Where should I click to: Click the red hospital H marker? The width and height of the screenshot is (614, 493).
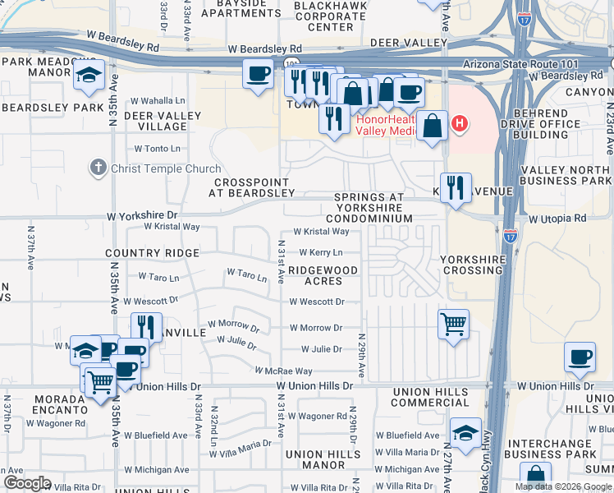[x=460, y=124]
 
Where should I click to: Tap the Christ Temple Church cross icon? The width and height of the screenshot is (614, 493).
[x=98, y=168]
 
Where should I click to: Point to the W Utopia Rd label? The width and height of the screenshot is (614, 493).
[x=557, y=219]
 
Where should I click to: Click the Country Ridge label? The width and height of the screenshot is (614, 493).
[x=152, y=253]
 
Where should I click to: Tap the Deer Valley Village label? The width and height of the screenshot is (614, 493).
[x=156, y=122]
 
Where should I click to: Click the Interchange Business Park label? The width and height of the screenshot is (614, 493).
[x=562, y=449]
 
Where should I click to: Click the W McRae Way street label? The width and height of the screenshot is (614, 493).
[x=282, y=371]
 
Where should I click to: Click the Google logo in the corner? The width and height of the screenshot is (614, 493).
[x=27, y=483]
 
